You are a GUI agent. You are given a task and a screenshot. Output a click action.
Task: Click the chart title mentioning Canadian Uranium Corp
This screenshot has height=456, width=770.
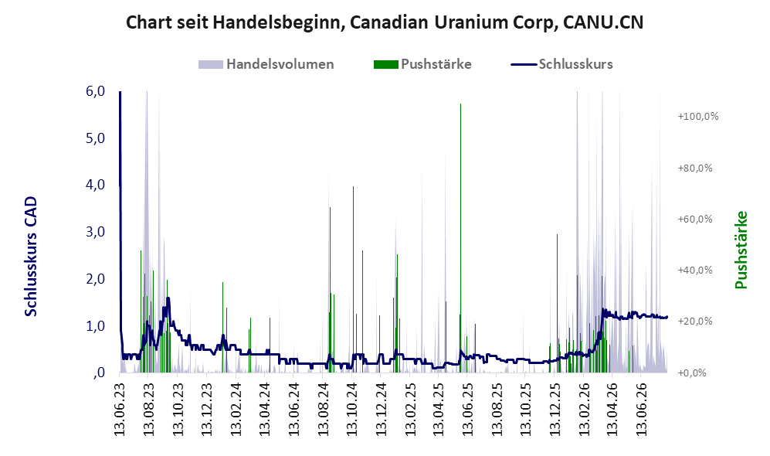pyautogui.click(x=385, y=22)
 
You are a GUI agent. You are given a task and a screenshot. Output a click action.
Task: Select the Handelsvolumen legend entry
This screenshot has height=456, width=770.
pyautogui.click(x=266, y=64)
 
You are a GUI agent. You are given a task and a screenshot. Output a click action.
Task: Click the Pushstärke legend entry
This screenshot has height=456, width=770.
pyautogui.click(x=422, y=64)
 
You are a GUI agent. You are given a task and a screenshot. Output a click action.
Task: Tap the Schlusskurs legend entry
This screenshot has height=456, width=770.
pyautogui.click(x=561, y=64)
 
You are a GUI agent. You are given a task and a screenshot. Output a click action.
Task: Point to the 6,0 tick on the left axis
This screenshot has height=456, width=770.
pyautogui.click(x=96, y=91)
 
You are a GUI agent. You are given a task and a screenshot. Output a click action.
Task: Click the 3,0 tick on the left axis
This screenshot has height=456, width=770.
pyautogui.click(x=96, y=232)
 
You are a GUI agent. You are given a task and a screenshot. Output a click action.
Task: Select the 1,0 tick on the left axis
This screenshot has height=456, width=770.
pyautogui.click(x=96, y=326)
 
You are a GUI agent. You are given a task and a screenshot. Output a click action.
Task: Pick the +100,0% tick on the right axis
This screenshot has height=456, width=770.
pyautogui.click(x=698, y=117)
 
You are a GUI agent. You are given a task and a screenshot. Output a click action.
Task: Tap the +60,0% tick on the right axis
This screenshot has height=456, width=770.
pyautogui.click(x=695, y=219)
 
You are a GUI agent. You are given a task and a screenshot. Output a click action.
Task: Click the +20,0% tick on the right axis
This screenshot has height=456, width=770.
pyautogui.click(x=695, y=322)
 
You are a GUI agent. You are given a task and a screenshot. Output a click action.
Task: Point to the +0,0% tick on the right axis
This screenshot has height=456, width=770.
pyautogui.click(x=692, y=373)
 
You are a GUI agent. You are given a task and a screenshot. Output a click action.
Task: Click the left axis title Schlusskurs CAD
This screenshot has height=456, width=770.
pyautogui.click(x=31, y=256)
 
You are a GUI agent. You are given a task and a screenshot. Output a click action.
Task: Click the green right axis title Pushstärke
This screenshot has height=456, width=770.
pyautogui.click(x=741, y=250)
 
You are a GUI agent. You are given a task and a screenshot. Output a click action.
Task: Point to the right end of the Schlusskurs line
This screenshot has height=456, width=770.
pyautogui.click(x=667, y=317)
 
